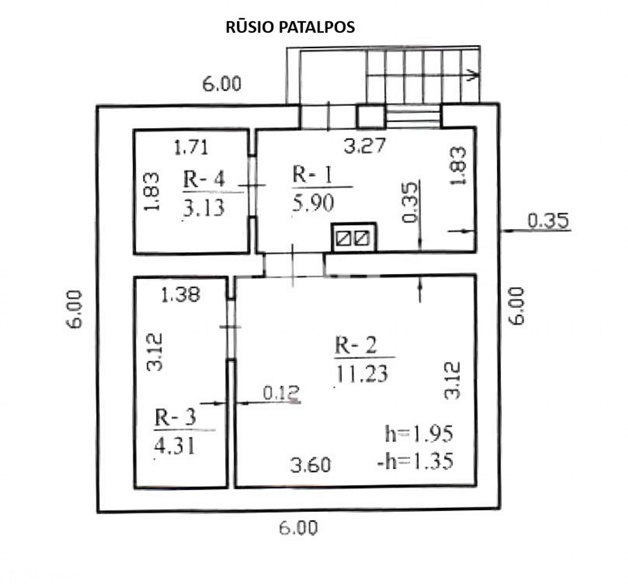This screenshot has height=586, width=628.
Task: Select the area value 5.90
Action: click(313, 203)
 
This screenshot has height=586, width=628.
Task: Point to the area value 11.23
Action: click(362, 373)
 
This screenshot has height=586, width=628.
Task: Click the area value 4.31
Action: click(175, 445)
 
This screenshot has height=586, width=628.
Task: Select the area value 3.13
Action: click(204, 208)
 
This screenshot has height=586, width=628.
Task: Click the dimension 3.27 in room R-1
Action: click(365, 145)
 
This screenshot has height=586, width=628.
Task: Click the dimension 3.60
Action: click(310, 465)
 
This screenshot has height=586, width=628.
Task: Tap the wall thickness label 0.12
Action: click(281, 393)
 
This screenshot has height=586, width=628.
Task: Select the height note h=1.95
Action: click(419, 434)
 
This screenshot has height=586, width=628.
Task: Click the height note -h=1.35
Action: click(415, 461)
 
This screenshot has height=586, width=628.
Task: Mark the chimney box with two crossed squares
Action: click(354, 237)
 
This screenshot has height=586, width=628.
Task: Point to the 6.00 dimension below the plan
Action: click(298, 527)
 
